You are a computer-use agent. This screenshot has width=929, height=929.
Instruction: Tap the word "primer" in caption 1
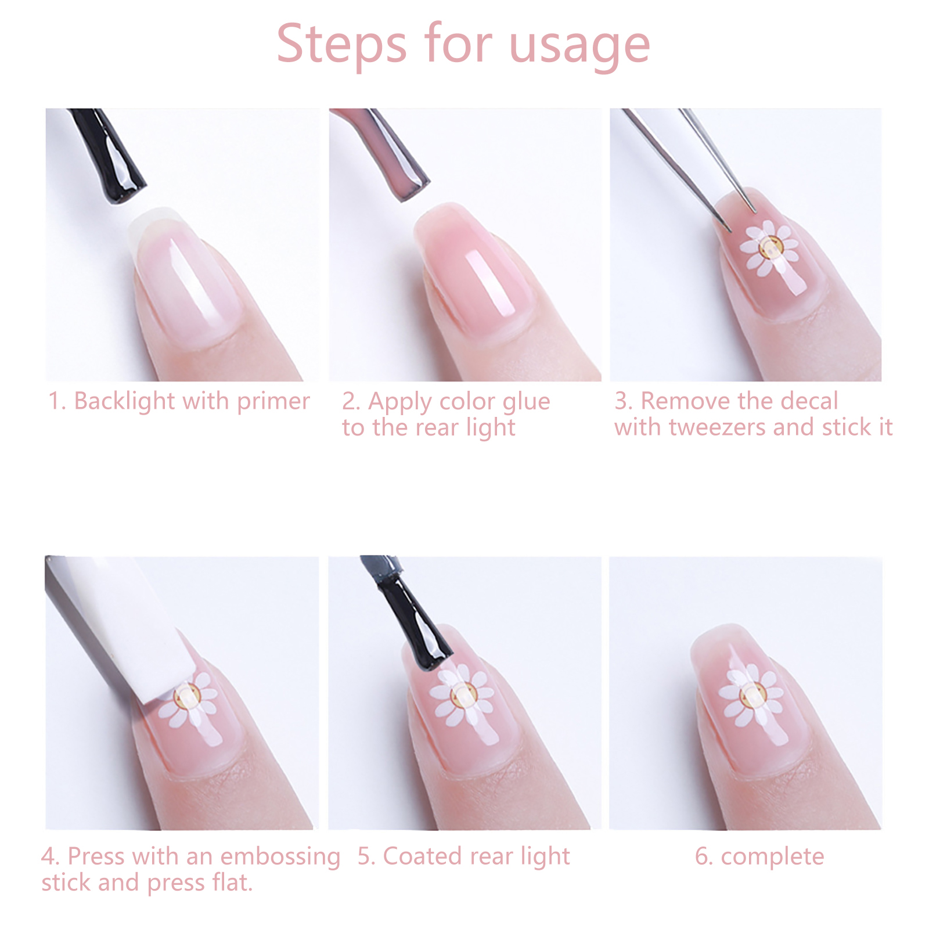pyautogui.click(x=273, y=402)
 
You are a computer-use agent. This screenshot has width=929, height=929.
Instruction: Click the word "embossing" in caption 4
pyautogui.click(x=280, y=858)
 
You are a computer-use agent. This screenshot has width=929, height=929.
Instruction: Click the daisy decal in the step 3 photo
pyautogui.click(x=770, y=249)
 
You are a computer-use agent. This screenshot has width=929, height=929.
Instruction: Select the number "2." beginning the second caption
pyautogui.click(x=351, y=402)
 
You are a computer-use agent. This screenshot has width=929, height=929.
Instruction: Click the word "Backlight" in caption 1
pyautogui.click(x=124, y=402)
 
